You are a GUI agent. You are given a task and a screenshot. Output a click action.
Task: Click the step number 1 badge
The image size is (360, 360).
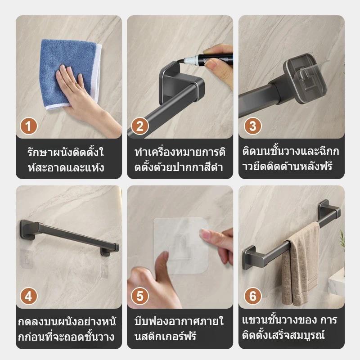(x=28, y=126)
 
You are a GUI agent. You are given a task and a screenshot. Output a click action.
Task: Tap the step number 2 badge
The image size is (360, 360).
(x=140, y=126)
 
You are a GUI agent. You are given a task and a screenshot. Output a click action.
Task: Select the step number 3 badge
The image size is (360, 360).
(x=252, y=126)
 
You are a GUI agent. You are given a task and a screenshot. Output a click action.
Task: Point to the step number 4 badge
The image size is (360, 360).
(x=28, y=296)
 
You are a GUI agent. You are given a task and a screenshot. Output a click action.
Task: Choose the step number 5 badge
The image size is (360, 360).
(x=140, y=296)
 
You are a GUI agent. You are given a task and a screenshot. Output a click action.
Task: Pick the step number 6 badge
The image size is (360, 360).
(x=252, y=296)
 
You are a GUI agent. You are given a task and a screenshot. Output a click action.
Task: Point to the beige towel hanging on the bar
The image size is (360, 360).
(x=301, y=264)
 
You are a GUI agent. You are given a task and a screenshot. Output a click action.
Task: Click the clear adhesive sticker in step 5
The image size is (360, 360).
(x=181, y=246)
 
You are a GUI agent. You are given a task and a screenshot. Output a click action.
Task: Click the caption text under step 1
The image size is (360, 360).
(x=66, y=160)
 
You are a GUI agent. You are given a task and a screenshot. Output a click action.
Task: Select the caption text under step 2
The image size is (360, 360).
(x=180, y=160)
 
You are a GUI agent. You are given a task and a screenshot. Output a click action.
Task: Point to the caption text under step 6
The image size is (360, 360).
(x=289, y=328)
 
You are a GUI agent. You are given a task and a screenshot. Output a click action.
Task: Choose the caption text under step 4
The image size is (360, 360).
(x=67, y=329)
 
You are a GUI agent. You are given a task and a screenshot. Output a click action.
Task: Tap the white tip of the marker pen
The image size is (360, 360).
(x=190, y=61)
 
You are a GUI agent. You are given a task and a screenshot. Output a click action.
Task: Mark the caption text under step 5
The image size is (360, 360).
(x=179, y=329)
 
